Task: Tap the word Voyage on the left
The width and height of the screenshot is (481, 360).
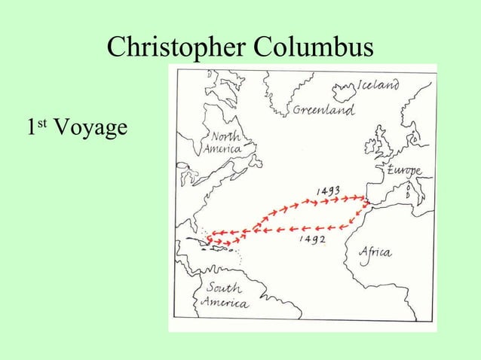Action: pos(88,129)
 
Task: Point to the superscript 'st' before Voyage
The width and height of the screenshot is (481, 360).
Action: pos(43,124)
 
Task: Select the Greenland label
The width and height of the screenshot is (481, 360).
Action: pos(323,111)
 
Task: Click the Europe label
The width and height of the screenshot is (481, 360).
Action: pos(404,170)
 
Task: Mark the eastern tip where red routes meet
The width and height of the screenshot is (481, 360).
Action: pos(366,200)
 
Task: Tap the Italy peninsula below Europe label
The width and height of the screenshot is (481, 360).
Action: pos(411,188)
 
